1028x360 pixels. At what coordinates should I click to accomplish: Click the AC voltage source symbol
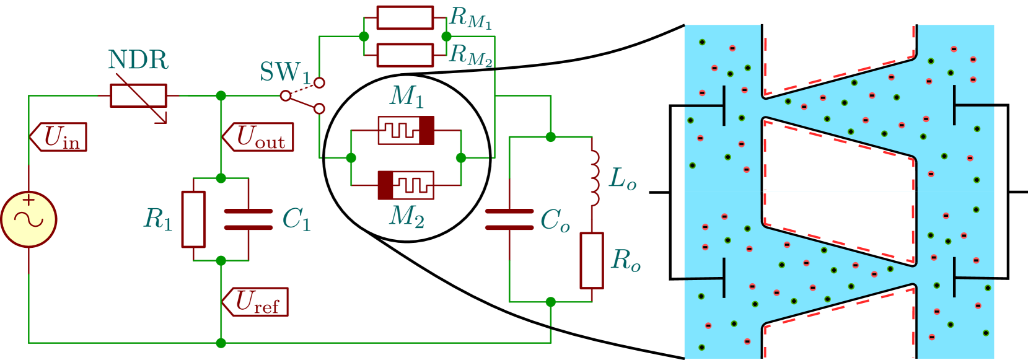click(x=29, y=219)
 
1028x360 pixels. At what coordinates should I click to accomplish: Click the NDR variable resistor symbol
click(x=139, y=96)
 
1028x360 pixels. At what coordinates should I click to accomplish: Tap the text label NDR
click(x=138, y=60)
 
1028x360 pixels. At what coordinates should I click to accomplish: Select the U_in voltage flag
click(x=59, y=137)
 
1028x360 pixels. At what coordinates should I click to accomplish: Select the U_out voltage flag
click(x=258, y=137)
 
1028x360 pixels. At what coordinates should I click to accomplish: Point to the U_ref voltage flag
click(x=257, y=302)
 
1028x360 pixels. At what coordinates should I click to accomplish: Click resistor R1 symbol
click(x=193, y=219)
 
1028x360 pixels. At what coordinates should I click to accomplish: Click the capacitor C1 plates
click(x=248, y=219)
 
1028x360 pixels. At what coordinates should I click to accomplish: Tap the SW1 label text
click(x=284, y=72)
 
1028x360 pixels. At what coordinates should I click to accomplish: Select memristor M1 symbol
click(x=406, y=130)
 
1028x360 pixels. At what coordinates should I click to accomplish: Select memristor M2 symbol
click(x=406, y=185)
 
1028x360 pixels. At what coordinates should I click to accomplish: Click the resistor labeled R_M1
click(x=405, y=17)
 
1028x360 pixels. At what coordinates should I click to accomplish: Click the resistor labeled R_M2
click(x=405, y=55)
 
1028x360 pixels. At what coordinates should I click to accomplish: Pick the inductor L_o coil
click(x=594, y=178)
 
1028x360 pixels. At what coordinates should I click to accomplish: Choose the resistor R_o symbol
click(x=592, y=260)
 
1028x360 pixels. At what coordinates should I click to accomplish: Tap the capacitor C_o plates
click(x=509, y=219)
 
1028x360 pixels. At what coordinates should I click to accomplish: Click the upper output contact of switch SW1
click(x=319, y=82)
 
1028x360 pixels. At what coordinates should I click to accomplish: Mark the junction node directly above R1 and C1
click(x=221, y=178)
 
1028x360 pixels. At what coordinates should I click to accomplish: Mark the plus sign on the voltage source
click(x=29, y=200)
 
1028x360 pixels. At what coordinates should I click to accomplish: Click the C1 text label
click(x=296, y=219)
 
